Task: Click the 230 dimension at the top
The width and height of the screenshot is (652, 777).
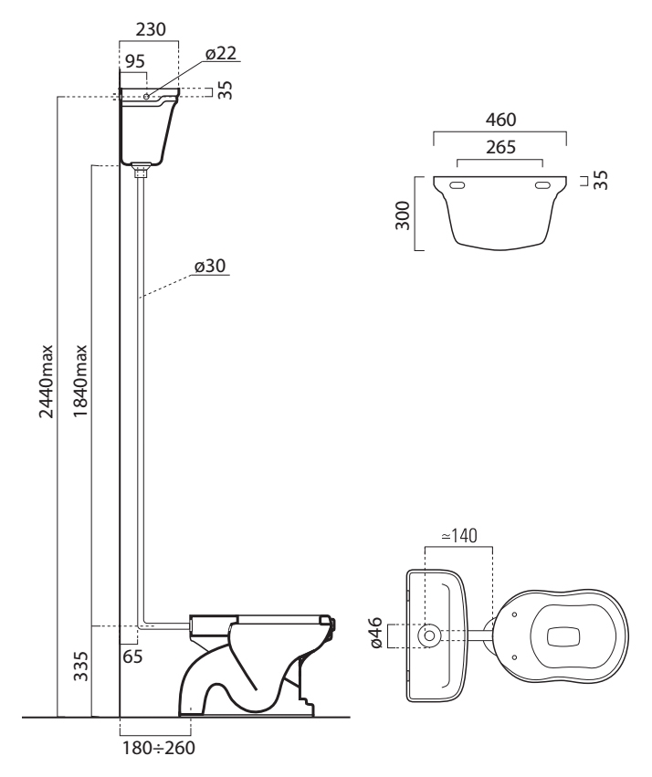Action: (x=151, y=30)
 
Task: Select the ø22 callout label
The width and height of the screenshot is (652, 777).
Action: (x=221, y=53)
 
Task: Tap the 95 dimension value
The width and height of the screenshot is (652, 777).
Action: (x=135, y=61)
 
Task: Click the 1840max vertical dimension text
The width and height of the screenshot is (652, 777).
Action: (x=80, y=382)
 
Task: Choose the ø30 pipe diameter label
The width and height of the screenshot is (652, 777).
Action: (x=210, y=266)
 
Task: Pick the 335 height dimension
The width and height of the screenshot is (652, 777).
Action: (x=80, y=667)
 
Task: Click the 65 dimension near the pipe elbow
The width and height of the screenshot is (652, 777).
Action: (x=132, y=656)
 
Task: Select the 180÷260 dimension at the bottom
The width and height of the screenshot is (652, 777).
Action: (x=159, y=748)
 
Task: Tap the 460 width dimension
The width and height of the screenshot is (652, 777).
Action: (x=501, y=120)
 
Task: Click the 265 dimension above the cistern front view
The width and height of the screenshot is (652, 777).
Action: (x=500, y=147)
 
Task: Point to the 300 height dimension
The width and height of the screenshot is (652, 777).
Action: (x=404, y=215)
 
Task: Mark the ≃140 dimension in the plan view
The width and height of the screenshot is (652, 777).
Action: (x=459, y=536)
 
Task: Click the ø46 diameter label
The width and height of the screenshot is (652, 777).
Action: (x=375, y=633)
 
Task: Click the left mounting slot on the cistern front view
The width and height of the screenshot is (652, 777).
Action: (x=457, y=185)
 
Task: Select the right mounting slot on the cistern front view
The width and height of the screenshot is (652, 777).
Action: (x=542, y=185)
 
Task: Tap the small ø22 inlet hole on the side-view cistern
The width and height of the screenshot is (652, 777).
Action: (x=147, y=96)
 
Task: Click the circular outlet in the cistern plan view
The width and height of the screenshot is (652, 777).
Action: (x=429, y=635)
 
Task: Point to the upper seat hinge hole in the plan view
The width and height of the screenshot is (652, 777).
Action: (x=514, y=614)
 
